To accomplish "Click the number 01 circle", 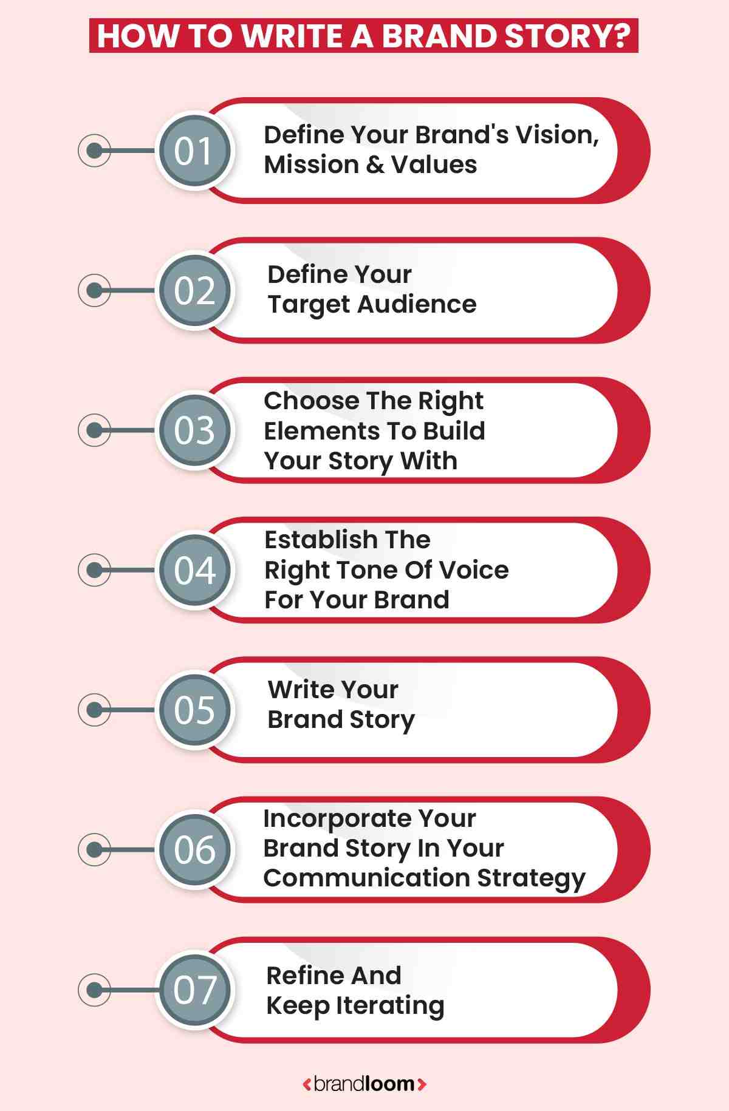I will click(x=194, y=151).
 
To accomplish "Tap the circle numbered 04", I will click(x=194, y=570).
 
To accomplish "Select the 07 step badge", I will click(x=194, y=990).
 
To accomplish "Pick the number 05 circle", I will click(x=194, y=710).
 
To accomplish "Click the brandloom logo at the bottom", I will click(x=364, y=1084).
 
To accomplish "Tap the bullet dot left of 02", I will click(x=94, y=290).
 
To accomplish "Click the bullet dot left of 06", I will click(x=94, y=849).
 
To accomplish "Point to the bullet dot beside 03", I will click(x=94, y=430).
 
